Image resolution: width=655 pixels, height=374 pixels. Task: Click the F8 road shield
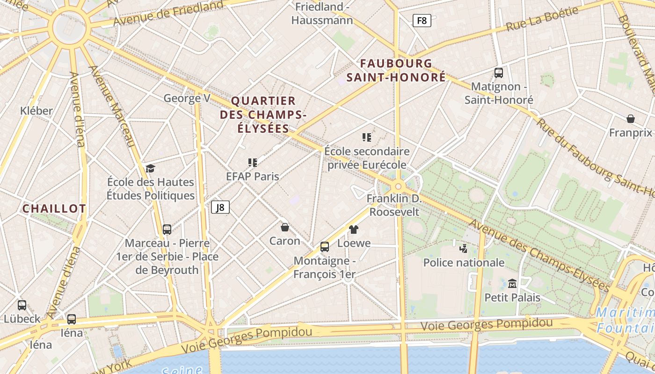422,21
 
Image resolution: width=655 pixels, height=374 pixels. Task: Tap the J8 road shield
220,207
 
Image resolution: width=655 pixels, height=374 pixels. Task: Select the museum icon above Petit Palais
512,283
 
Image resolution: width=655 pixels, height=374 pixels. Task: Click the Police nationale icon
464,248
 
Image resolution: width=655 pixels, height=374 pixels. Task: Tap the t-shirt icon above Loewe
354,229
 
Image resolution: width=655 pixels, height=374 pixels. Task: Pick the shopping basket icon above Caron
284,227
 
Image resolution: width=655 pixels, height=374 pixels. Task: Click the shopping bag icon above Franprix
631,119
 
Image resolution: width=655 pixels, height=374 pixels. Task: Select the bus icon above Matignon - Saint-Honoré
499,73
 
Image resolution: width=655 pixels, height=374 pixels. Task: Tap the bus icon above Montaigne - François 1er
325,247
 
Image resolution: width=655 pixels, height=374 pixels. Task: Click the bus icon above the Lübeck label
22,305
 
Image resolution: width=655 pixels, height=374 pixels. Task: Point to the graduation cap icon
150,168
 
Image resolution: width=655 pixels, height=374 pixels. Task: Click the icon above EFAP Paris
253,163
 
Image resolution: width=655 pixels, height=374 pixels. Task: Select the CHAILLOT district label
54,209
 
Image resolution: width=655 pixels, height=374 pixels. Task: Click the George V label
187,99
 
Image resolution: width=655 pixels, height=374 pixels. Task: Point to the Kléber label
36,111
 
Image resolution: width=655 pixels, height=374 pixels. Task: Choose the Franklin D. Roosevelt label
394,205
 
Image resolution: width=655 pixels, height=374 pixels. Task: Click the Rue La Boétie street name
542,20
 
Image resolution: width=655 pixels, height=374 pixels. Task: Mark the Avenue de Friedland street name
168,14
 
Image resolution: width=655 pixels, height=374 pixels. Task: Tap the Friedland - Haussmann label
322,14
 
